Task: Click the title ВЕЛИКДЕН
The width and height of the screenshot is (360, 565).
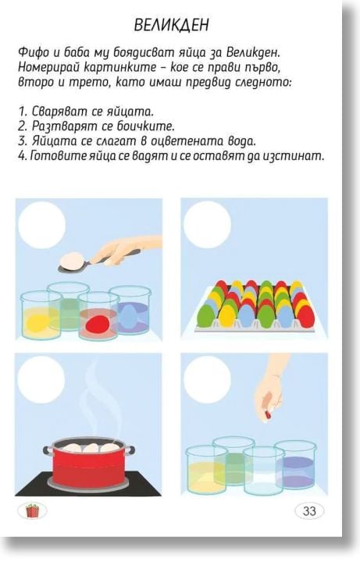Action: tap(171, 25)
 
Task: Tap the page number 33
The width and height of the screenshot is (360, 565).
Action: tap(309, 510)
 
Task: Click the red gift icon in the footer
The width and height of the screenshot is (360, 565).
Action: tap(32, 510)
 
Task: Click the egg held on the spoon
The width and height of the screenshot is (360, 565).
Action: tap(72, 259)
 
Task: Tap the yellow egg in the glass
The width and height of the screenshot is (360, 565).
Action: tap(36, 320)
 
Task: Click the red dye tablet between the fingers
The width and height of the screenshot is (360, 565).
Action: tap(268, 415)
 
